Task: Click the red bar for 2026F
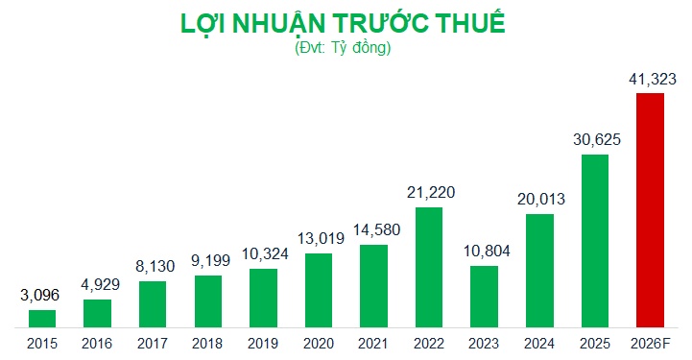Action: (x=650, y=210)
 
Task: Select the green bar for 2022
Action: (x=429, y=267)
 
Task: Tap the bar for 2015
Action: (x=42, y=318)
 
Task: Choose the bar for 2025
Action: (x=594, y=241)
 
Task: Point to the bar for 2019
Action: (x=263, y=298)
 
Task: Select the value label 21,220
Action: (x=429, y=192)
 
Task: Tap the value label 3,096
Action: (x=41, y=295)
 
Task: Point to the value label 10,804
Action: (x=484, y=251)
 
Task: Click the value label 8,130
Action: (x=153, y=266)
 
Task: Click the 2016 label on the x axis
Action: (x=97, y=343)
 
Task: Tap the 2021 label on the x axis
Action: (x=373, y=343)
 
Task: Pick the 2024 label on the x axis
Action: (x=539, y=343)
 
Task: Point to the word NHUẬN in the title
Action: (x=267, y=24)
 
